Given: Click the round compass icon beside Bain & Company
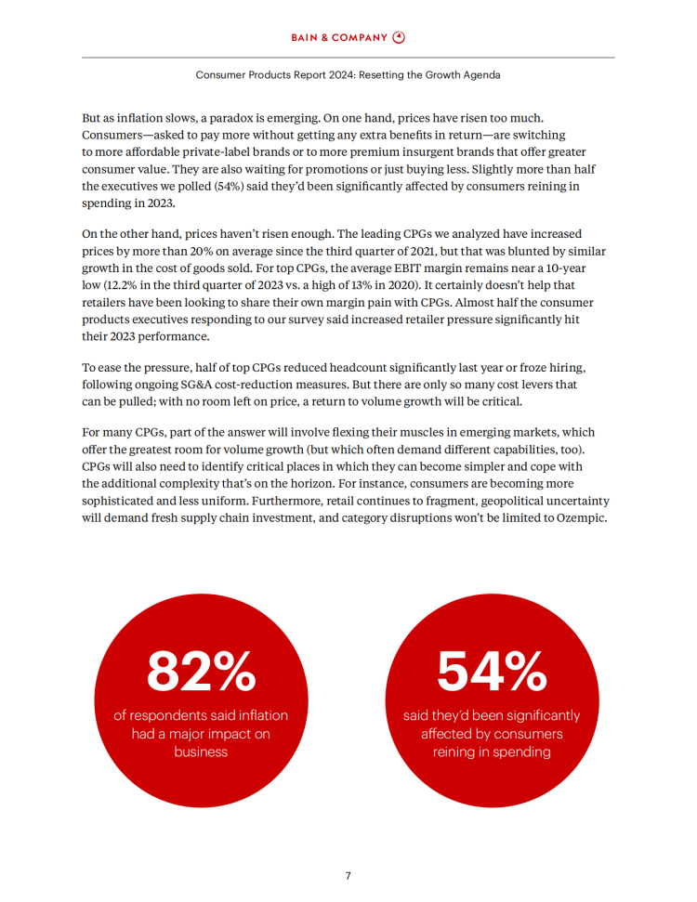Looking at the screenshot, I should click(x=400, y=37).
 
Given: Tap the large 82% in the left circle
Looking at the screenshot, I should click(x=201, y=671).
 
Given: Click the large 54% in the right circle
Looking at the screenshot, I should click(x=492, y=671).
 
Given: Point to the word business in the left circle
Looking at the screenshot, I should click(x=201, y=752).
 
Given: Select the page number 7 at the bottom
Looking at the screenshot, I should click(x=348, y=875).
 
